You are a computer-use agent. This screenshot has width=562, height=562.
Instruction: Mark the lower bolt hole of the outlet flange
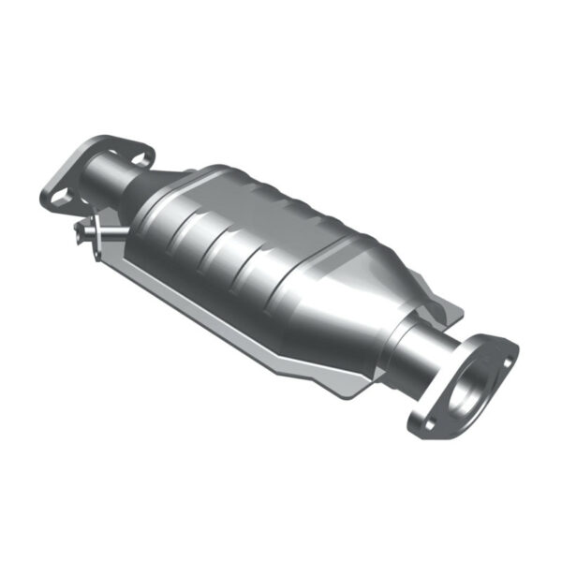pos(425,423)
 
